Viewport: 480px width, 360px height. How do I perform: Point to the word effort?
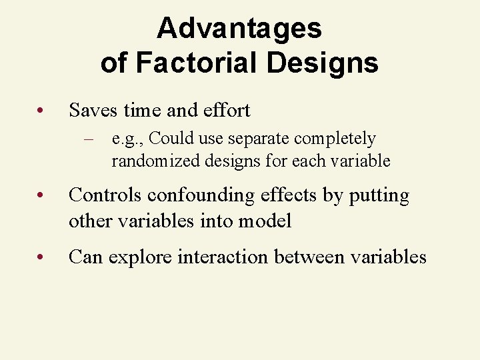tap(225, 110)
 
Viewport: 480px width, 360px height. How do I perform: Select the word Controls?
tap(105, 195)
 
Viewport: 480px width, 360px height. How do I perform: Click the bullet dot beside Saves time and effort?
tap(41, 111)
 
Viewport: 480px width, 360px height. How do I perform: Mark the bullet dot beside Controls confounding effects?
tap(41, 196)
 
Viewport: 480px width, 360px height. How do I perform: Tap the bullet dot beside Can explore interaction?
tap(41, 257)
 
